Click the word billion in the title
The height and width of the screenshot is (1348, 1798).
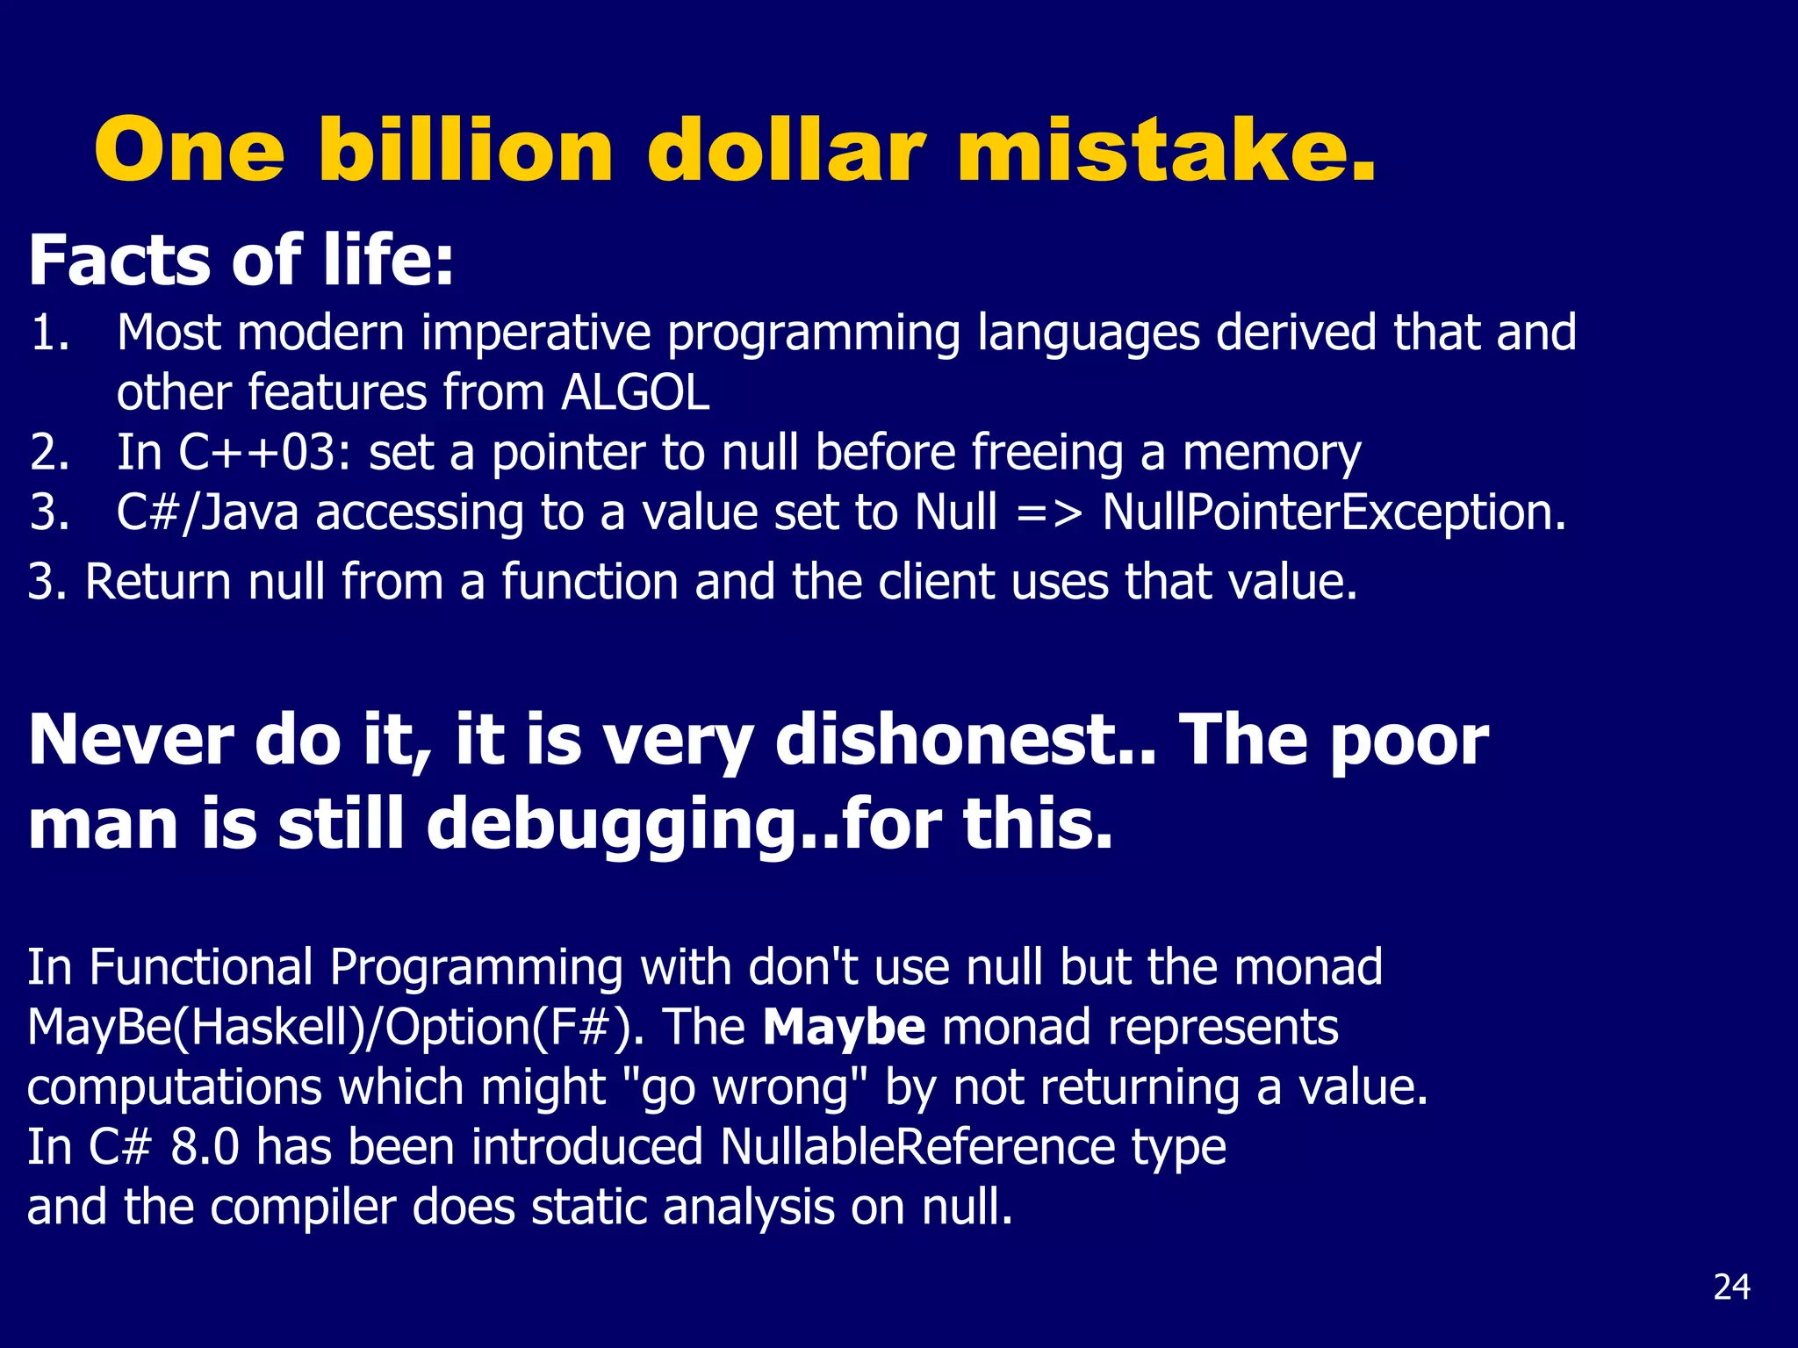click(465, 150)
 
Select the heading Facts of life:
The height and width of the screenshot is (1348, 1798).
click(241, 261)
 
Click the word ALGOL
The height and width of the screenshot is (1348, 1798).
click(635, 392)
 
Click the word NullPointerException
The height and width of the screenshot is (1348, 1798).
click(1334, 513)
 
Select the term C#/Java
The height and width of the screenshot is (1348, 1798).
click(208, 513)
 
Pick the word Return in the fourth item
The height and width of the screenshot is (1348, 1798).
click(158, 582)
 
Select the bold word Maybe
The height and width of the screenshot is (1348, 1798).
click(844, 1027)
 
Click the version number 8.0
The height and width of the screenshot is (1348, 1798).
click(205, 1147)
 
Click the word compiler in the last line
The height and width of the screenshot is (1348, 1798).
click(303, 1208)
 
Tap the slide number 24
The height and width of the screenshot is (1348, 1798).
click(1731, 1287)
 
